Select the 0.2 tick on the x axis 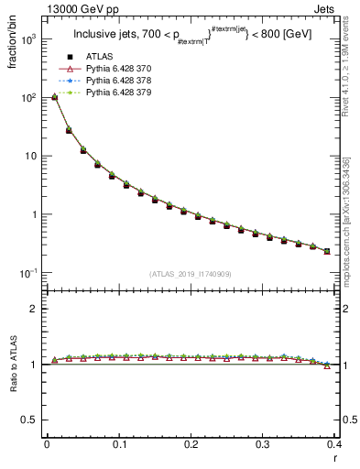[x=191, y=445]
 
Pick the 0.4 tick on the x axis [x=334, y=445]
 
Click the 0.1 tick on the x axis [x=119, y=445]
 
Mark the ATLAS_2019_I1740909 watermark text [x=191, y=274]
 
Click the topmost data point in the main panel [x=54, y=96]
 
